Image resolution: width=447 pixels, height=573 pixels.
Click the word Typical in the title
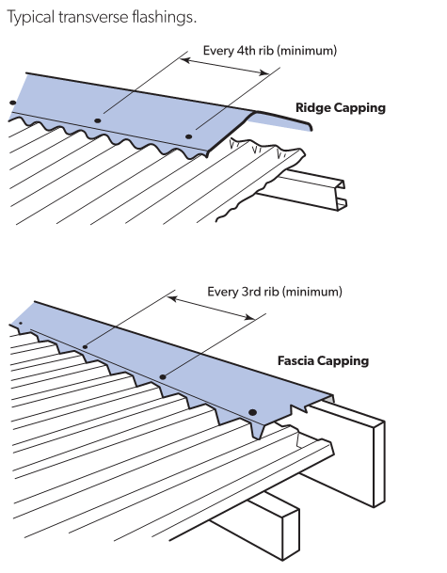30,18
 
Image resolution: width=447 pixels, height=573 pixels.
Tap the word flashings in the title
164,17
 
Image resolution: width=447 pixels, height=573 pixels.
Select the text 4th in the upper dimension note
246,50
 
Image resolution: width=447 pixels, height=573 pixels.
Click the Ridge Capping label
341,108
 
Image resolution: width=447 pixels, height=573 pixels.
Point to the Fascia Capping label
323,361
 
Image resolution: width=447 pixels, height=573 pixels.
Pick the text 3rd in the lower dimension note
250,292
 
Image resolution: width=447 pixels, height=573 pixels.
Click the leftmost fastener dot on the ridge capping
13,103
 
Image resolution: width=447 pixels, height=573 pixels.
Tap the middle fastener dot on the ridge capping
98,120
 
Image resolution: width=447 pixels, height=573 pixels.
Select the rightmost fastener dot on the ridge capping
188,136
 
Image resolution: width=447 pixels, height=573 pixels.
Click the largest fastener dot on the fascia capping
252,412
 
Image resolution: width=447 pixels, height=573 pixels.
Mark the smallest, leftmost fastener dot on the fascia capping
21,324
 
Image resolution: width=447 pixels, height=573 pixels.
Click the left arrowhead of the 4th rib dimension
185,60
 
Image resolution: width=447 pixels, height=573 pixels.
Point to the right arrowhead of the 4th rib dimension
263,72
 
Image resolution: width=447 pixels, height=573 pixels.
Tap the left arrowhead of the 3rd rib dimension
172,299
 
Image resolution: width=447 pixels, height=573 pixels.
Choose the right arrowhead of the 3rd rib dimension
250,317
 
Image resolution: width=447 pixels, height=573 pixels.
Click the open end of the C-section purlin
341,195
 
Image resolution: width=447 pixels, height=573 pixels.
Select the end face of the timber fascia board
379,464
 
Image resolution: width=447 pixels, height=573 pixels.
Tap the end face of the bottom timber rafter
291,534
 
